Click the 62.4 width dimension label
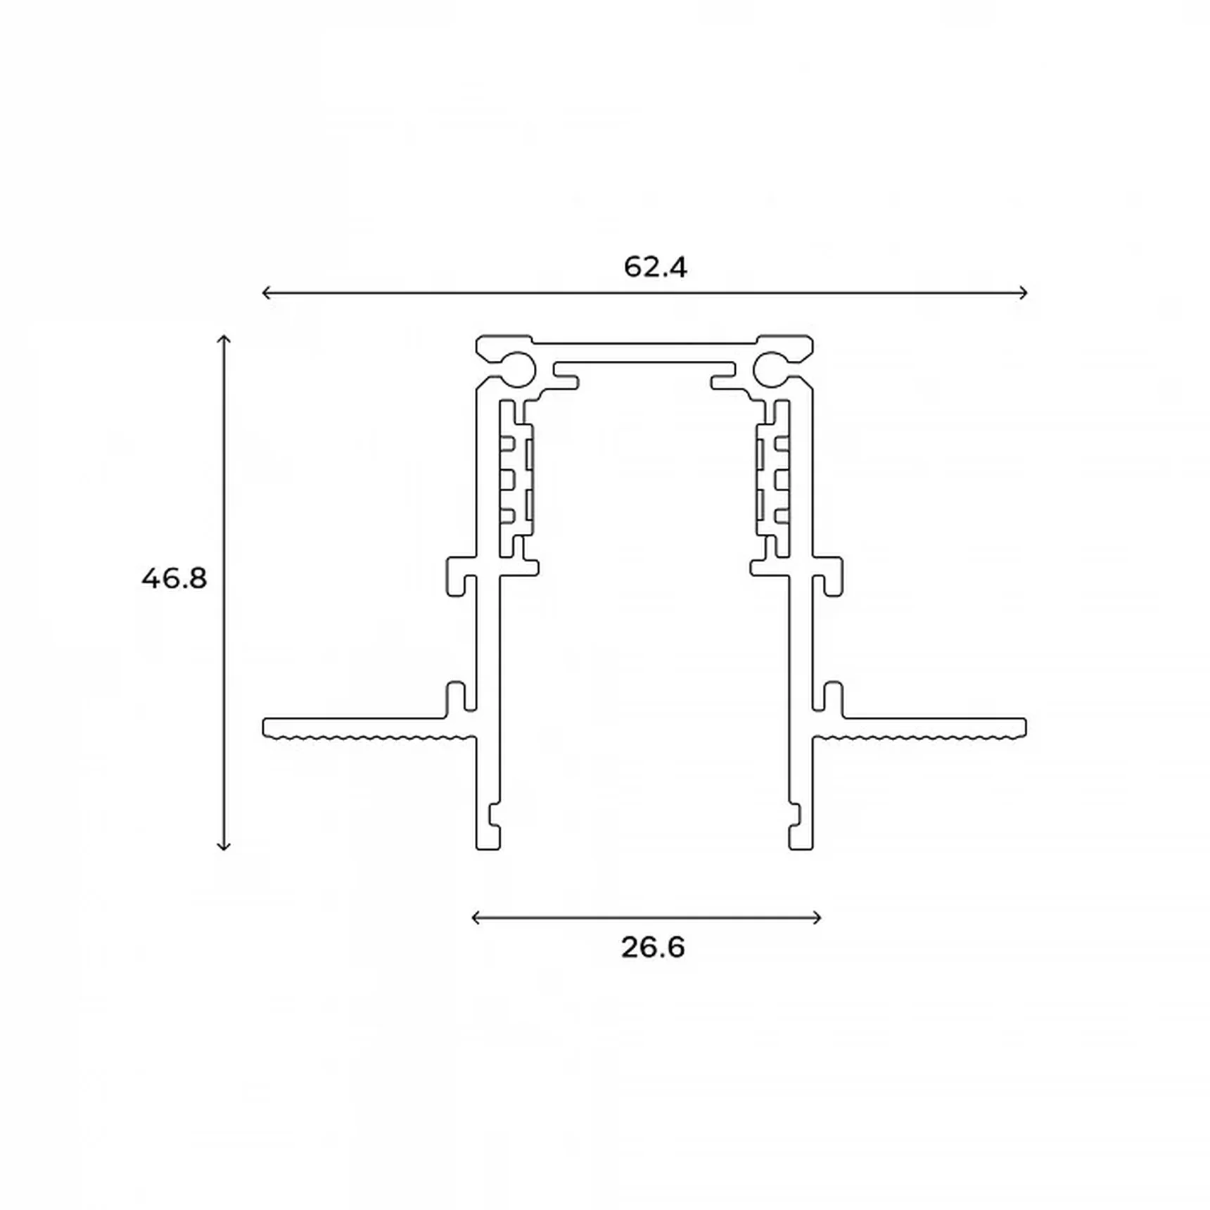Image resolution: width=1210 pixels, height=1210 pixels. tap(655, 267)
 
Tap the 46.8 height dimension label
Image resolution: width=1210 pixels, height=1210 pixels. tap(174, 579)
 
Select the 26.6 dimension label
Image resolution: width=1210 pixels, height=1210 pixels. tap(653, 948)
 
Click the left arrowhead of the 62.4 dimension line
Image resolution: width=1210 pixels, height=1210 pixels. tap(266, 293)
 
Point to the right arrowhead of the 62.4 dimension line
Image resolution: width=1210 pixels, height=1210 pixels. tap(1024, 293)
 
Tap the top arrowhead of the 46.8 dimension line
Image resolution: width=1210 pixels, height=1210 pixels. tap(224, 339)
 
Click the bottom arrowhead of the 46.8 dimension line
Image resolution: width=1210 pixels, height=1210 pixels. tap(224, 846)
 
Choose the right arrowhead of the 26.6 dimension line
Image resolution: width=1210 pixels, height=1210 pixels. tap(817, 917)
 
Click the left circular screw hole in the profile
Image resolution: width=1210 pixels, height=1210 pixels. tap(518, 368)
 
